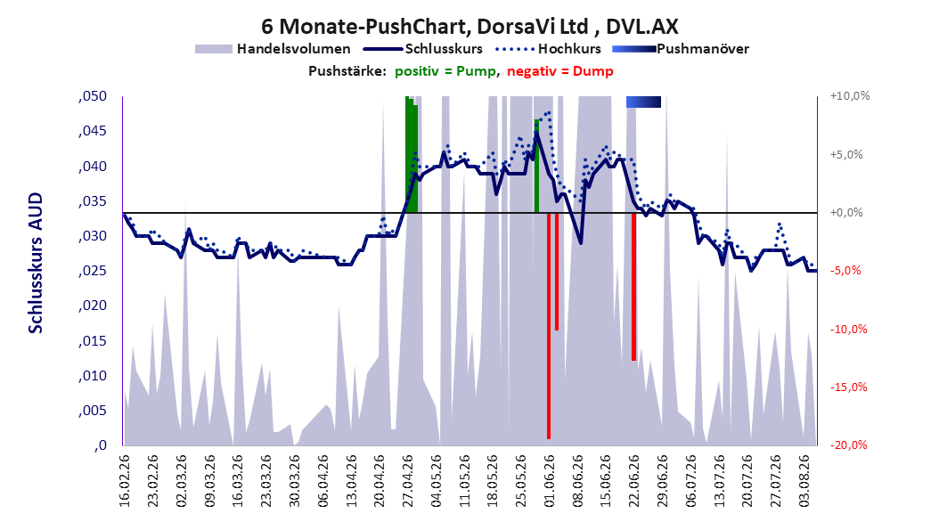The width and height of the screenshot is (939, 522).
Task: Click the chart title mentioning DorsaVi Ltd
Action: (x=469, y=27)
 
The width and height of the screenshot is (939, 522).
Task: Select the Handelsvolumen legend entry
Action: (x=274, y=49)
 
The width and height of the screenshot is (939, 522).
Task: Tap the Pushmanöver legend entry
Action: (x=681, y=49)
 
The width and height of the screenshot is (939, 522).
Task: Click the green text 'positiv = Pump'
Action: (x=445, y=71)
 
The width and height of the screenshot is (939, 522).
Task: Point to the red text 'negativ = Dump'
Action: (x=560, y=71)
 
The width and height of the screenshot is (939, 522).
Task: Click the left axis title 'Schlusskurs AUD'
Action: (x=36, y=264)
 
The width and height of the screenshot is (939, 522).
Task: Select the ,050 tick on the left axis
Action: (x=93, y=96)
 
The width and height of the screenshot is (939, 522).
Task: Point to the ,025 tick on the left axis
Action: (x=93, y=271)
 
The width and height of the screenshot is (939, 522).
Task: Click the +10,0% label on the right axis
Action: (x=850, y=96)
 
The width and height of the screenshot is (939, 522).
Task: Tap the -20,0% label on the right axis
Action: (x=848, y=445)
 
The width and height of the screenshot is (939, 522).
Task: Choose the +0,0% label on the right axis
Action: (x=846, y=213)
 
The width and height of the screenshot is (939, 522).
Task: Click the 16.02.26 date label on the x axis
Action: (x=125, y=481)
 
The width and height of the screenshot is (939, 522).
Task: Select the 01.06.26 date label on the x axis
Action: (x=549, y=481)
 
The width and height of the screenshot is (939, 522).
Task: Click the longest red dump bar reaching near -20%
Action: (x=549, y=326)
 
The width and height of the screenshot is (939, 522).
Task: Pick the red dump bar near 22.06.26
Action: (x=633, y=287)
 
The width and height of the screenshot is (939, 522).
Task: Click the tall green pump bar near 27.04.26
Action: (x=410, y=154)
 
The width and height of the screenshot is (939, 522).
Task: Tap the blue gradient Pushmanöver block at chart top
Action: (x=644, y=102)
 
